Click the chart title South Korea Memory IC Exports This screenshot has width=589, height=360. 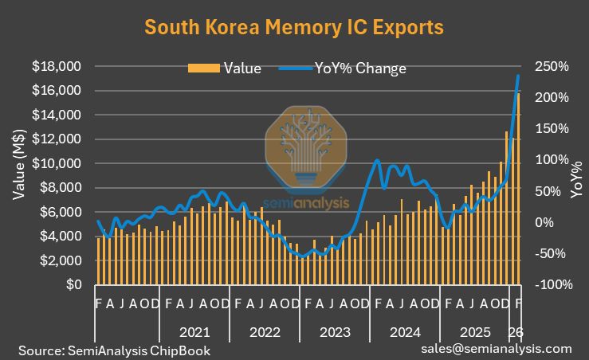click(x=294, y=28)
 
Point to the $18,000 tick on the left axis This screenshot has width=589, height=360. click(x=57, y=66)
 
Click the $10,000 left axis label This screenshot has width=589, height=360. click(x=57, y=163)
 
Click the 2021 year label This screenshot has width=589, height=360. click(x=195, y=330)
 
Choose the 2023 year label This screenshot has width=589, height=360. click(x=336, y=330)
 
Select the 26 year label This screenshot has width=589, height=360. click(x=516, y=330)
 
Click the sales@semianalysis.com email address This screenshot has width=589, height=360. click(x=497, y=349)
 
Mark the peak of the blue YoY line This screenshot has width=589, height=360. click(x=519, y=76)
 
